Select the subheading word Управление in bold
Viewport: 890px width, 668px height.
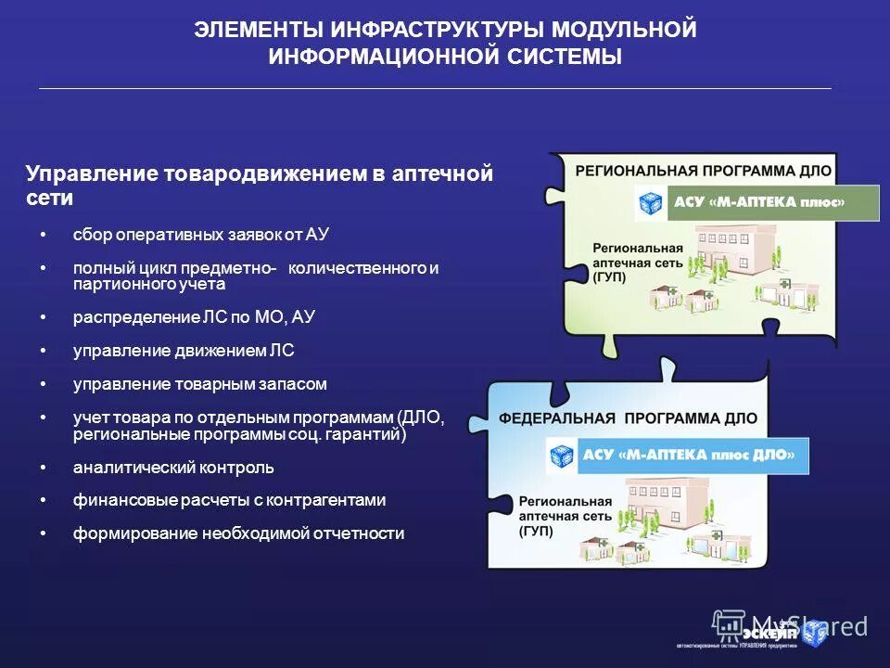tap(90, 173)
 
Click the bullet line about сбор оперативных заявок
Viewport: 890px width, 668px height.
tap(201, 236)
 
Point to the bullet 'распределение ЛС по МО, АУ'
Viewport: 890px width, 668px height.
tap(195, 317)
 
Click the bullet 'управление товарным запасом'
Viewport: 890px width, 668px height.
tap(200, 383)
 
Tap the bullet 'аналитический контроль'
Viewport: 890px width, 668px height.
tap(173, 468)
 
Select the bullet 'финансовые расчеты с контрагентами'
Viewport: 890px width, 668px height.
tap(229, 500)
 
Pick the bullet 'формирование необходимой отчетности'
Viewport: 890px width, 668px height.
tap(239, 533)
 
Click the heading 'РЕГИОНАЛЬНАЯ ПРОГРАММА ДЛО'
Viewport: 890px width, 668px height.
tap(704, 171)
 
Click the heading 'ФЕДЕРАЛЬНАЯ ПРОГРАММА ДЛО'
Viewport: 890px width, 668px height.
tap(629, 418)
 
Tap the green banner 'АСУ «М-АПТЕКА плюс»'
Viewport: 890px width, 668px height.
tap(772, 203)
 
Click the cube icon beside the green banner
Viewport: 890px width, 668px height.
tap(651, 203)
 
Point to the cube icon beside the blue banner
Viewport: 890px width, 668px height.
tap(562, 456)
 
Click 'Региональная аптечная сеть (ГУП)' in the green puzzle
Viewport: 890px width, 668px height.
tap(638, 263)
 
